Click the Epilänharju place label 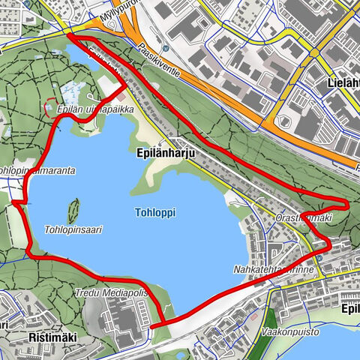click(x=165, y=150)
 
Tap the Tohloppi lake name click(x=156, y=213)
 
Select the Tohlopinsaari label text click(x=73, y=229)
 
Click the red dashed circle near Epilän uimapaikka click(x=50, y=109)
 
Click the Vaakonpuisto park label click(x=292, y=331)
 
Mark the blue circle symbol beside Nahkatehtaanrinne click(x=319, y=257)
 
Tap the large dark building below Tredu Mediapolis click(x=120, y=315)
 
